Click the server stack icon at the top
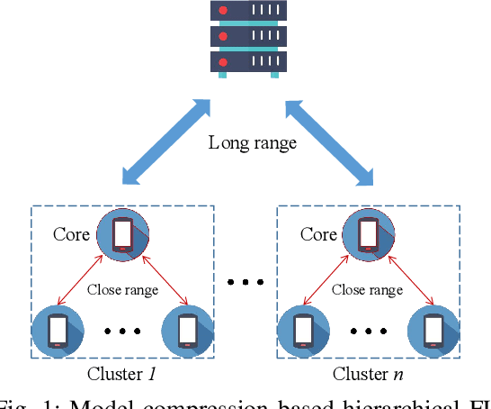245,37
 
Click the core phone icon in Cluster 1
122,235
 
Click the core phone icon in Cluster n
369,235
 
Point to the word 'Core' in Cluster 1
71,235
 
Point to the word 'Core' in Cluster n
318,235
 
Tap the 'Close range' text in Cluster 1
122,289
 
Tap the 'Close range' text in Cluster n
367,289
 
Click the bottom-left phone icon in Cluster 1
58,332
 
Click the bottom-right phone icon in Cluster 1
187,332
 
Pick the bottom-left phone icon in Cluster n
304,332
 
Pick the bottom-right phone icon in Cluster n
433,332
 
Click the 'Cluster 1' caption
122,374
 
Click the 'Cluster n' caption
368,374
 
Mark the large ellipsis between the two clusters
245,283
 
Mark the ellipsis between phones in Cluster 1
122,332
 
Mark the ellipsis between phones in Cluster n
368,332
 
